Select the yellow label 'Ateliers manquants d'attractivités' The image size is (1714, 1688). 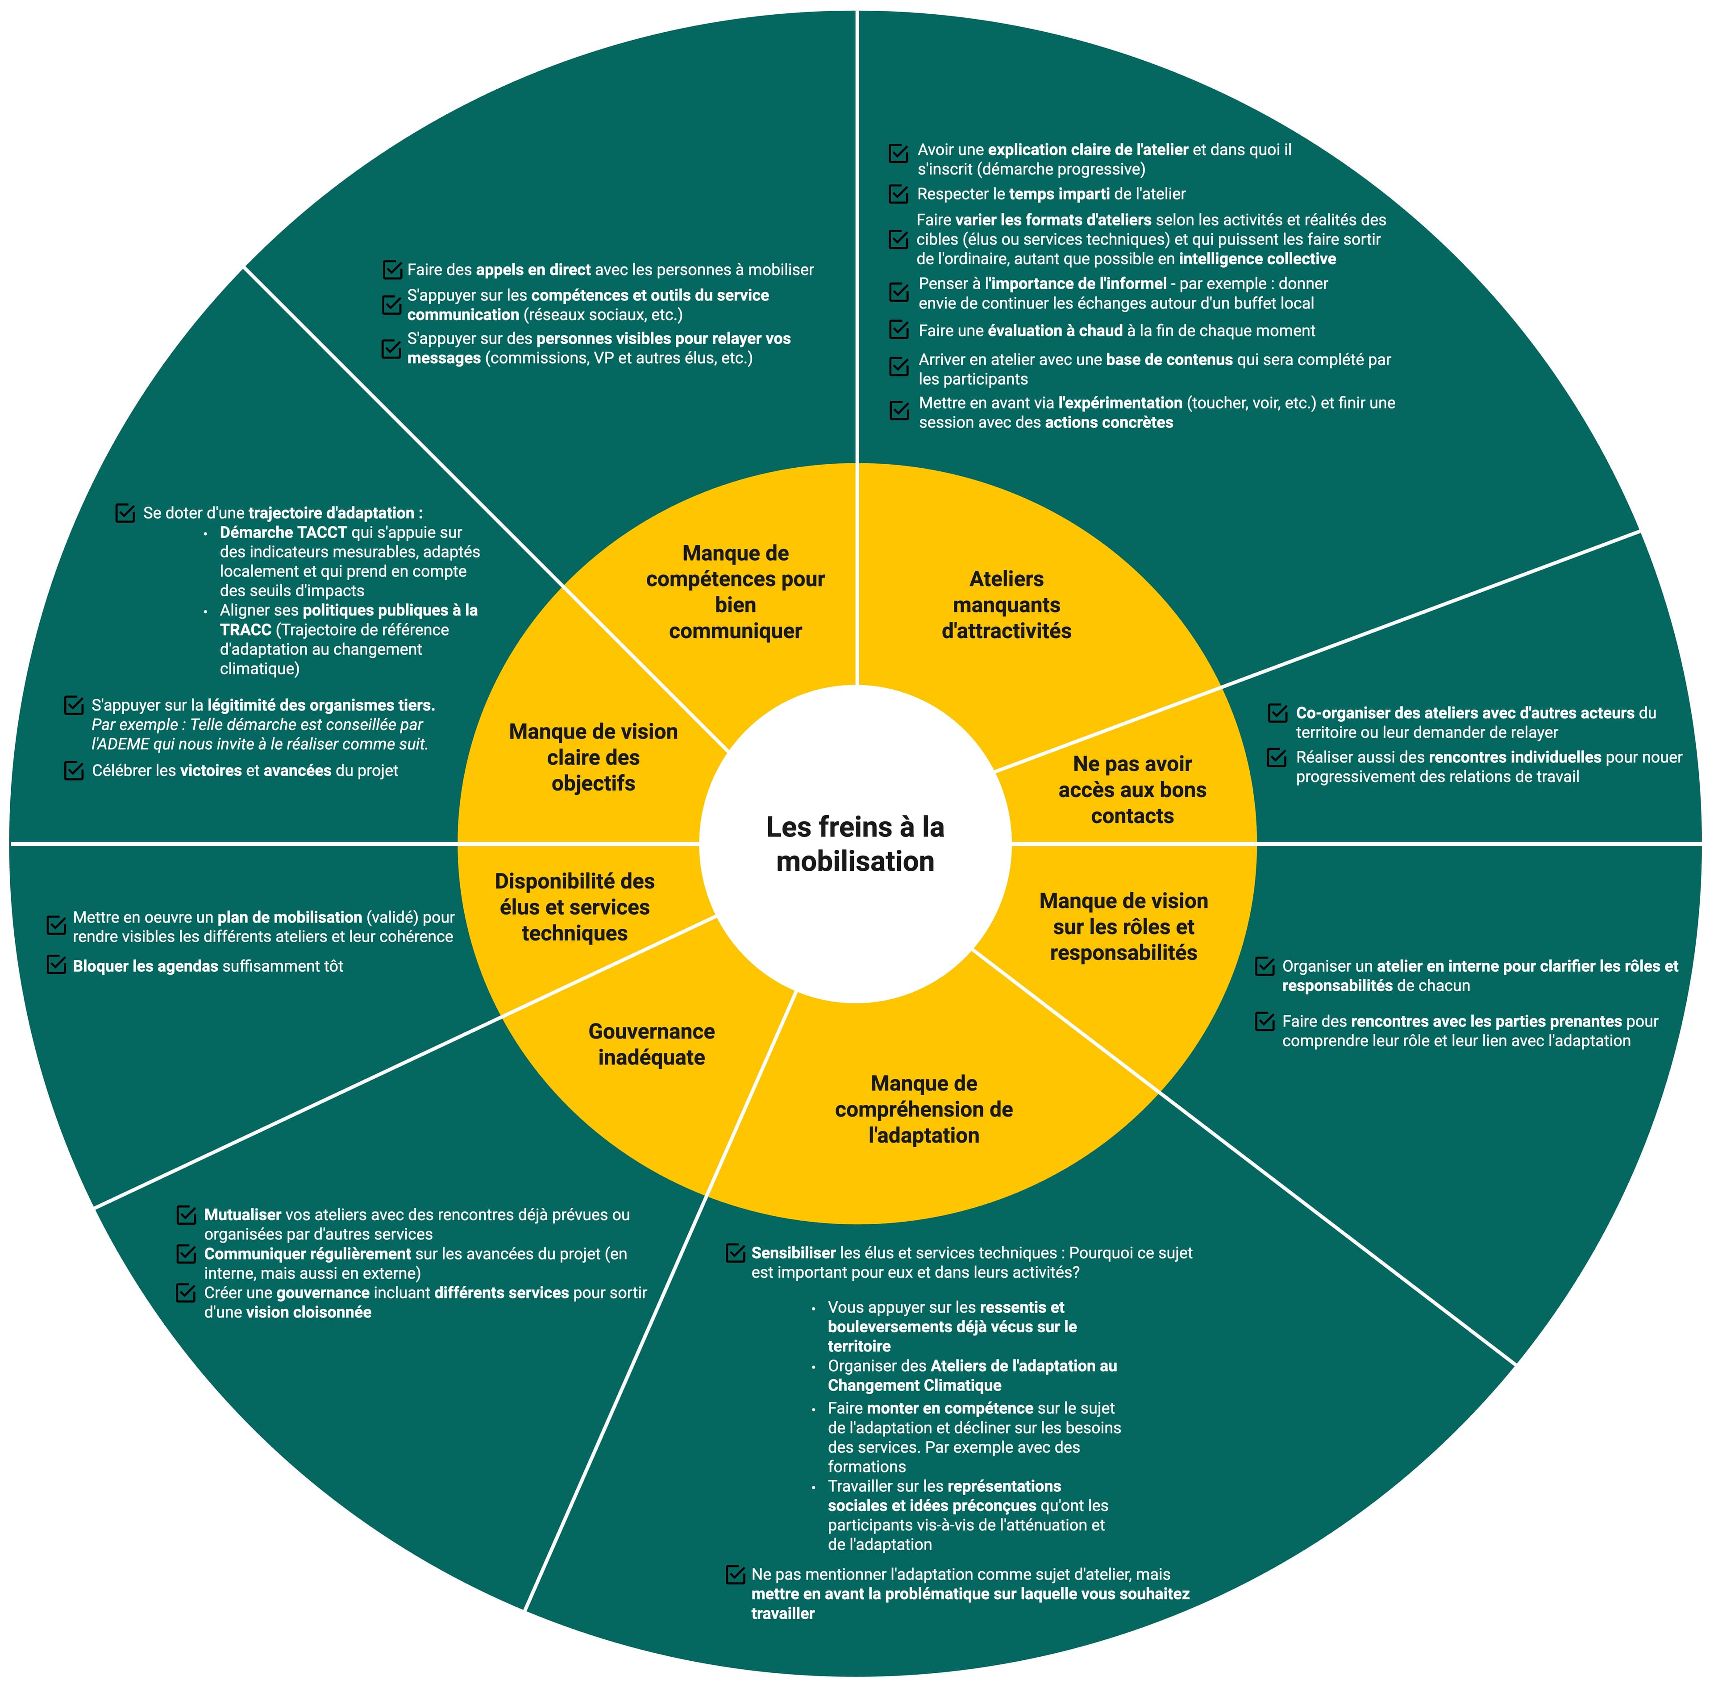(x=1007, y=605)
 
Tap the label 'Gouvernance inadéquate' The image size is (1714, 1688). (x=652, y=1044)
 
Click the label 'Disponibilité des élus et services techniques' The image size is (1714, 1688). (x=574, y=907)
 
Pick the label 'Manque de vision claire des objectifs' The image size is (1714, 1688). (x=593, y=757)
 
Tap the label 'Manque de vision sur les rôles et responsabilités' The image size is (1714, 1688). (x=1123, y=927)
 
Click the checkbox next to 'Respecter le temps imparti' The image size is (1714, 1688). (x=898, y=193)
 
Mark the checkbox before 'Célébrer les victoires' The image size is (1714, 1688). (x=75, y=770)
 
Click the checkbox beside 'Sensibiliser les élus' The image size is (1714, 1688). (x=735, y=1253)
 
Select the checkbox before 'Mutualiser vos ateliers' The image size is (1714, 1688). (x=186, y=1214)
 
